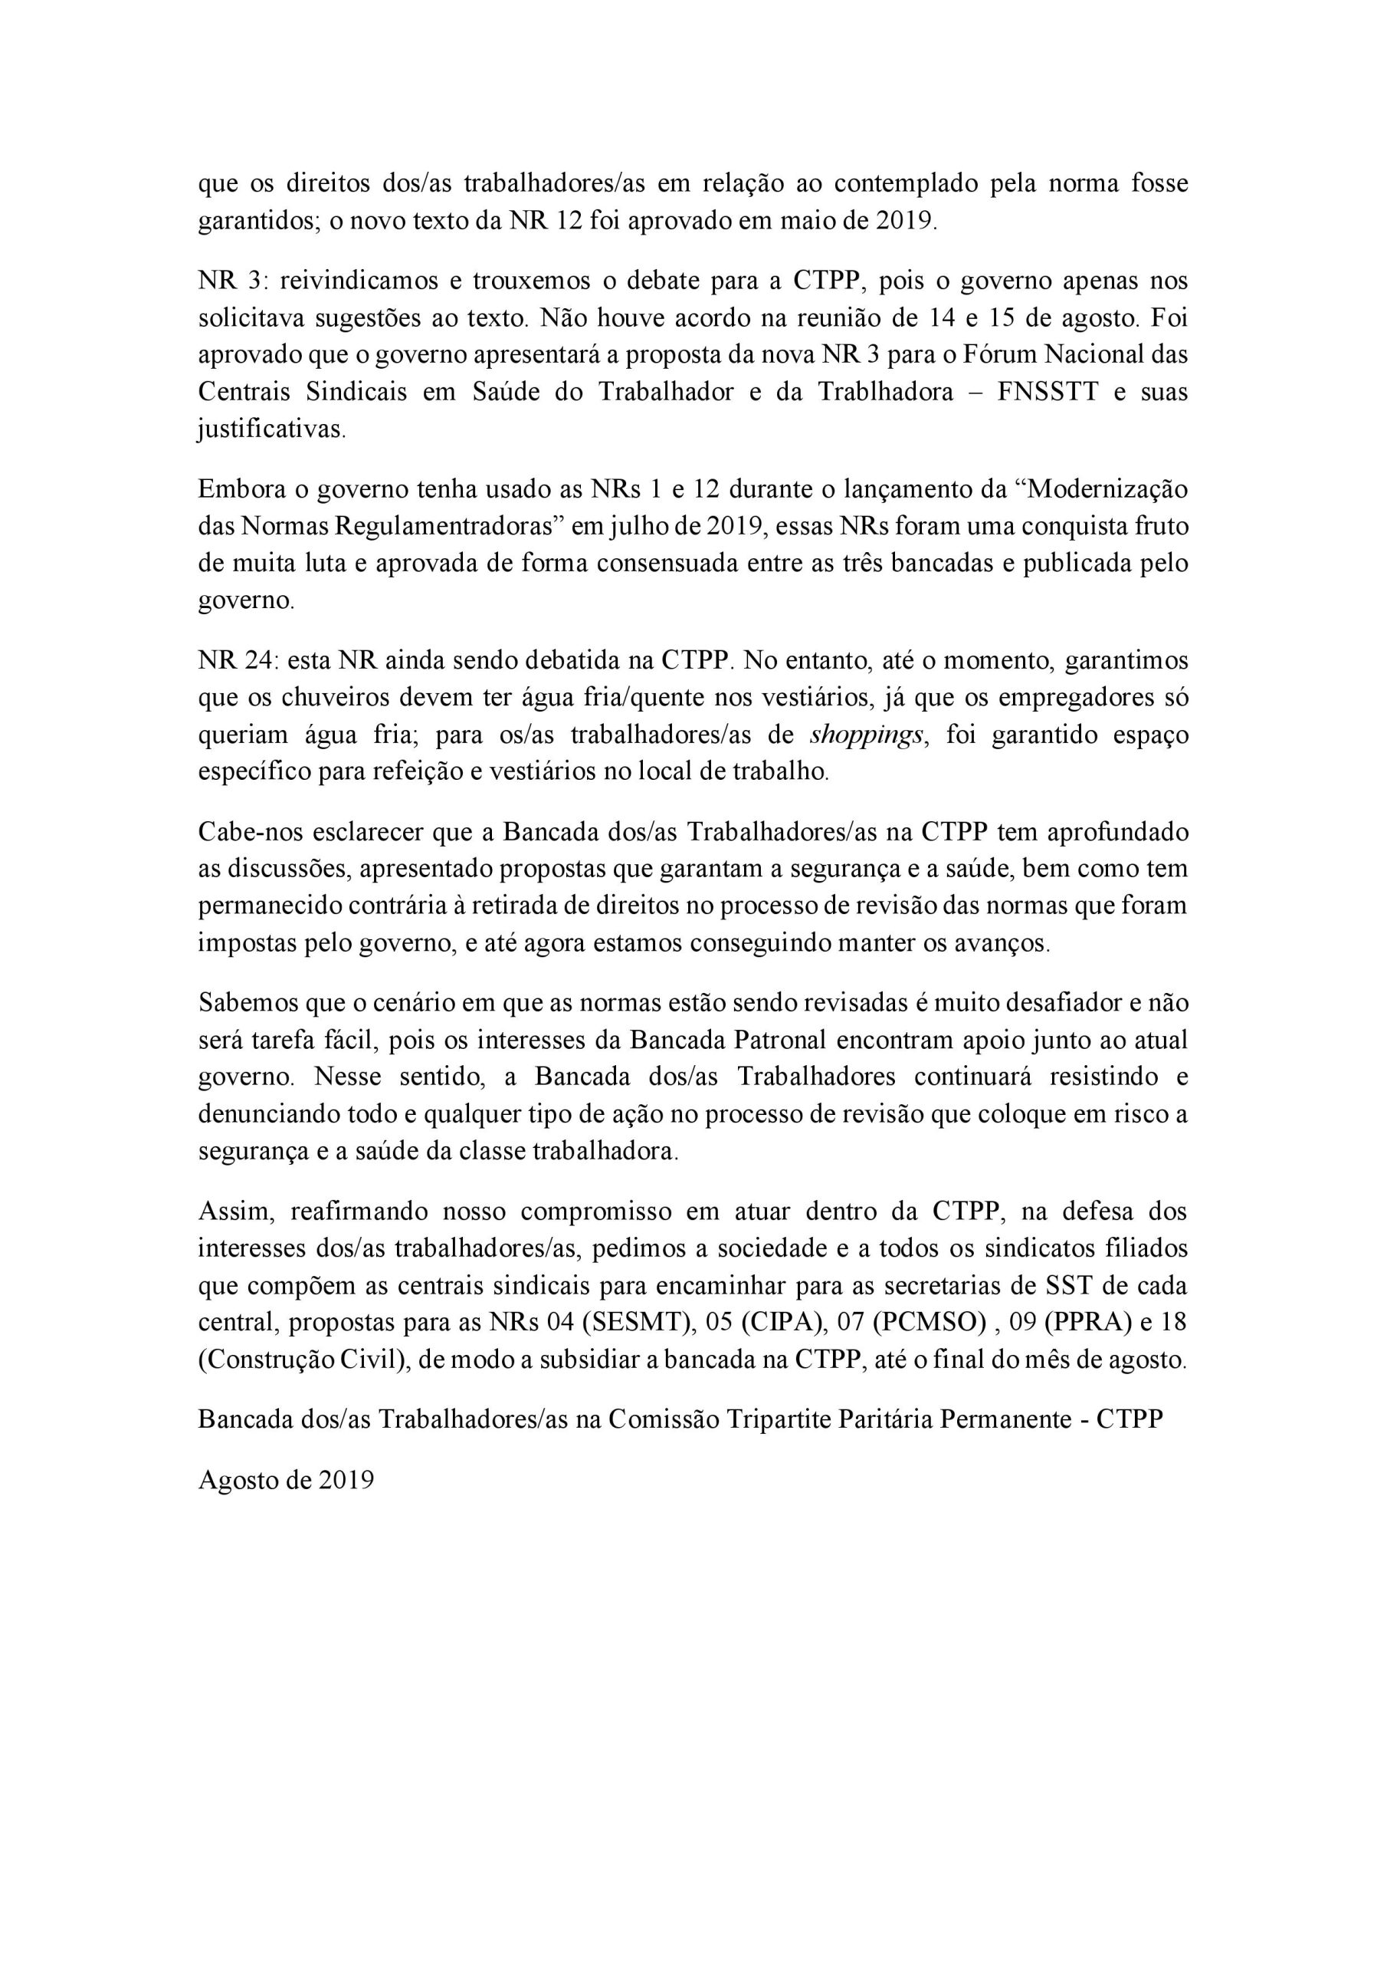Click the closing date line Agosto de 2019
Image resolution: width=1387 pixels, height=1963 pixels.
(287, 1480)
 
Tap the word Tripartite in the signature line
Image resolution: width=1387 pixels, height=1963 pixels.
(779, 1419)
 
